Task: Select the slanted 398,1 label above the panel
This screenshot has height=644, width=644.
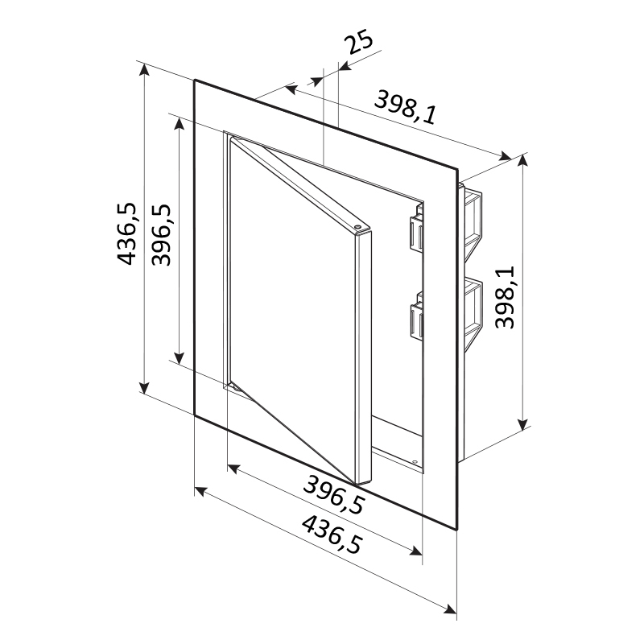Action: (x=405, y=107)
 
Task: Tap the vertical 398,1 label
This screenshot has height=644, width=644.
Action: (x=505, y=297)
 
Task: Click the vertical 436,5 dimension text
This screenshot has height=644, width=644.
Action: (x=126, y=233)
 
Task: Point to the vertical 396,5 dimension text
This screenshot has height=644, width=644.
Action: (x=160, y=234)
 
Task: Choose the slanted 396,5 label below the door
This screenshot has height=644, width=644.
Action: (x=333, y=494)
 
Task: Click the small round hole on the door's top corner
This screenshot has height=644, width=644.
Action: (x=357, y=226)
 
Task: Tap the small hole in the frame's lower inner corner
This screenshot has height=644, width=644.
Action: (x=415, y=462)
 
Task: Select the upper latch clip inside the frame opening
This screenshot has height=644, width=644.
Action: (x=415, y=231)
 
